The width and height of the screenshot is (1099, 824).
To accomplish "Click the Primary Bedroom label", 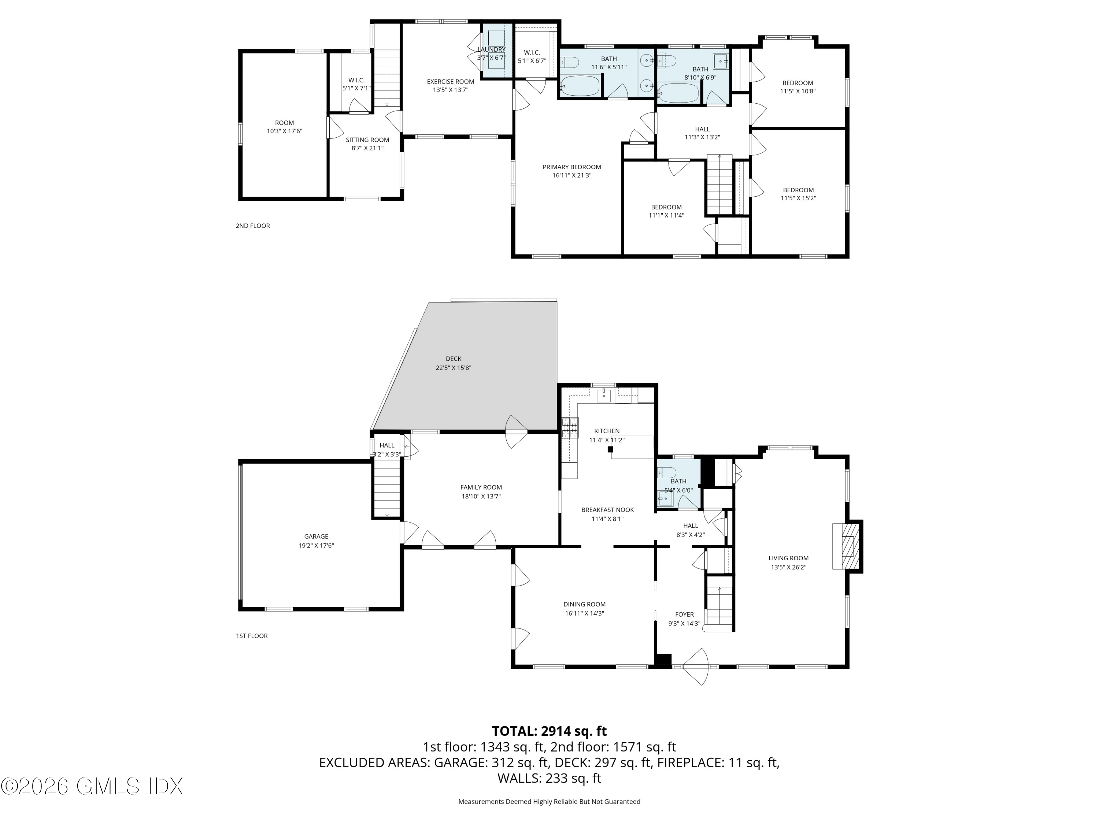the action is pyautogui.click(x=571, y=167).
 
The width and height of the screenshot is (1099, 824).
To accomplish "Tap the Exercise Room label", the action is pyautogui.click(x=451, y=81).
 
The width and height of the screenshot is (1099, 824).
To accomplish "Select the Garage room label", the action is pyautogui.click(x=316, y=537).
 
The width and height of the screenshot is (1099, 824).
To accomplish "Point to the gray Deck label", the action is pyautogui.click(x=454, y=359).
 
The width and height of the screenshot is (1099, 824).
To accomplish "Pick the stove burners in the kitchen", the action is pyautogui.click(x=570, y=428).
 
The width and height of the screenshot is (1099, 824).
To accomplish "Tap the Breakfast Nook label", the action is pyautogui.click(x=608, y=510).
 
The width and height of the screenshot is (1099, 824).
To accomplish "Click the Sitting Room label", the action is pyautogui.click(x=368, y=140).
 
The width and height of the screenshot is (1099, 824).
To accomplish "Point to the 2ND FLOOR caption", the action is pyautogui.click(x=253, y=226).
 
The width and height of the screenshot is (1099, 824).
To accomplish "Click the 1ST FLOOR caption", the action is pyautogui.click(x=252, y=636).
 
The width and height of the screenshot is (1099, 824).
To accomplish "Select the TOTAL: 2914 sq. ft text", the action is pyautogui.click(x=549, y=731).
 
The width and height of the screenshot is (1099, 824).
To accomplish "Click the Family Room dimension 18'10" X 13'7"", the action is pyautogui.click(x=481, y=496).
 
